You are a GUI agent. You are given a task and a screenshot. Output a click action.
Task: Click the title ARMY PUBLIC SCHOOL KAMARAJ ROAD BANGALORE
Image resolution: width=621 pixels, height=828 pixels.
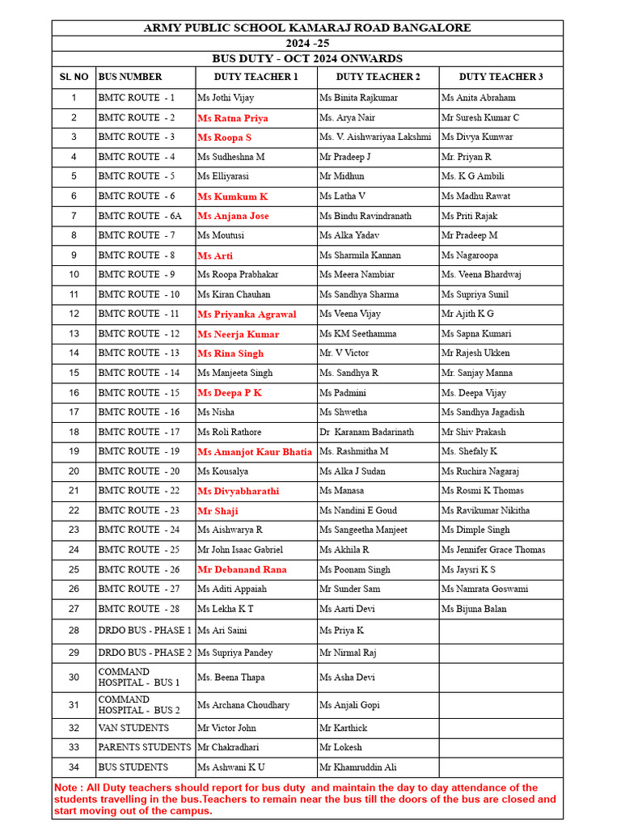click(x=307, y=28)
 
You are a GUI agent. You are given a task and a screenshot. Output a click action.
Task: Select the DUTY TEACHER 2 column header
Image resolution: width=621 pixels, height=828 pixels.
click(x=378, y=77)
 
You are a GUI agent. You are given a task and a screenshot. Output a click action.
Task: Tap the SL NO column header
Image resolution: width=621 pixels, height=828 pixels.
click(x=74, y=77)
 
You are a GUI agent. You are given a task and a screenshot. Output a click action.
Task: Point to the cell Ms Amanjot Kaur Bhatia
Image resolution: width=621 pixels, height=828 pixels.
click(x=254, y=452)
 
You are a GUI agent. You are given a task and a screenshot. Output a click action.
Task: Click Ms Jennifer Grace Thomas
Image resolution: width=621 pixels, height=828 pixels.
click(x=493, y=550)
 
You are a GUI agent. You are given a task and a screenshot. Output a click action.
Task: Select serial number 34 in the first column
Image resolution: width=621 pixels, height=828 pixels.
click(x=74, y=767)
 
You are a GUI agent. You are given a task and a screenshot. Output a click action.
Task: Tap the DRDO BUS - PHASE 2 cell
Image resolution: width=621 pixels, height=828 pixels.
click(x=145, y=653)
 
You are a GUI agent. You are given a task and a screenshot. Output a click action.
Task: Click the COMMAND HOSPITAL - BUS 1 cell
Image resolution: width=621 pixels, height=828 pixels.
click(x=138, y=678)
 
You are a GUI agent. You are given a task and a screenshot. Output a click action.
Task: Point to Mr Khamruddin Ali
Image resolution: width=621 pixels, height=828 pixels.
click(x=357, y=767)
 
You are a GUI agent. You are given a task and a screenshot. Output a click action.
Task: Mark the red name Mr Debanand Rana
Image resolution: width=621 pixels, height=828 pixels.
click(x=242, y=569)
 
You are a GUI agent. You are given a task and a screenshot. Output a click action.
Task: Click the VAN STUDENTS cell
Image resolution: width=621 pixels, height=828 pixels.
click(x=133, y=728)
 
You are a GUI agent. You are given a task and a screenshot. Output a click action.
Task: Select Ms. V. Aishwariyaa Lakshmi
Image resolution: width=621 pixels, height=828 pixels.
click(x=375, y=137)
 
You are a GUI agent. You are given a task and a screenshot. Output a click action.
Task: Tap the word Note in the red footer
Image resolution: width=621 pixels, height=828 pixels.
click(x=65, y=788)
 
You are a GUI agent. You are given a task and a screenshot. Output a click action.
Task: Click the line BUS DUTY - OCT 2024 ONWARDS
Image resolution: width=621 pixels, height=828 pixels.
click(x=307, y=59)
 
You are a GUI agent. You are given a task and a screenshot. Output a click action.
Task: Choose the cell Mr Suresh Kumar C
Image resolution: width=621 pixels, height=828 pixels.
click(x=480, y=118)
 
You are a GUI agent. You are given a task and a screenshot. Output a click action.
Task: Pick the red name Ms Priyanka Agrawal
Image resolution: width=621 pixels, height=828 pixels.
click(x=247, y=315)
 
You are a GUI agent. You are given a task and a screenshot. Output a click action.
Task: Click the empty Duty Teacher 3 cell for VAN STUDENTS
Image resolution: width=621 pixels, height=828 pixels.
click(x=501, y=728)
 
